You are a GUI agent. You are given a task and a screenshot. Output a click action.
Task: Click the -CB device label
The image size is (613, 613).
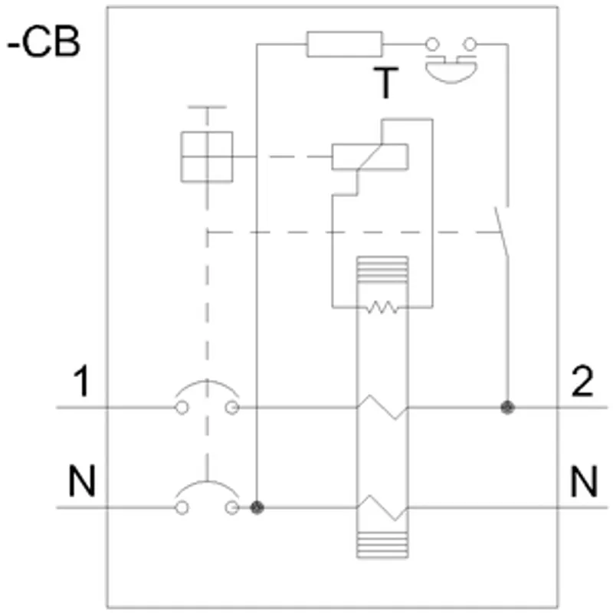44,42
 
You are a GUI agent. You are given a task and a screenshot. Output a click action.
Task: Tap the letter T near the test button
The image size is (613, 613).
385,83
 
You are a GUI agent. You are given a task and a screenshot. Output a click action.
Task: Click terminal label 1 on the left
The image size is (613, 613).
82,381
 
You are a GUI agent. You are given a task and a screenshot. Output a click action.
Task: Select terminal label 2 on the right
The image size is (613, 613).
582,381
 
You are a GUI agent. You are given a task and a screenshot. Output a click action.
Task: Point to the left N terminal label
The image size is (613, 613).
82,480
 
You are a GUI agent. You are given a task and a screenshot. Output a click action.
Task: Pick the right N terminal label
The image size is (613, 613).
584,480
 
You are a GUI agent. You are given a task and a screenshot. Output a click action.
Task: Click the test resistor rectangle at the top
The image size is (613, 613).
344,44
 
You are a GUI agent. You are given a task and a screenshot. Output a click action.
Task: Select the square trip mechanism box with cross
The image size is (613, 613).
207,157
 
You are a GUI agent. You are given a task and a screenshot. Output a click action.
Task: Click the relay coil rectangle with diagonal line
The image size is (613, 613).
370,157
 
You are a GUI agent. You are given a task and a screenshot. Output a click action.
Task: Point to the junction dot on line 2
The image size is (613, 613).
507,408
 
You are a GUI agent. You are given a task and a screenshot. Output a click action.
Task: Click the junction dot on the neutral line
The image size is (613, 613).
257,508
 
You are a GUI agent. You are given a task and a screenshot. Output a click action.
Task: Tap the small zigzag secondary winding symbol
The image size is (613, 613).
382,307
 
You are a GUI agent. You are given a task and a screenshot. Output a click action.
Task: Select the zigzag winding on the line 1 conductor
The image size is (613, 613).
382,408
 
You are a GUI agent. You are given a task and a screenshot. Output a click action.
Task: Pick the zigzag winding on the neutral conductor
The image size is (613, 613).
382,507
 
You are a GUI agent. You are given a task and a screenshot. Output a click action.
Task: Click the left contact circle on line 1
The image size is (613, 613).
182,408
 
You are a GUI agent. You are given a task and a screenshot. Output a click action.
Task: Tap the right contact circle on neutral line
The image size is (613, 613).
232,508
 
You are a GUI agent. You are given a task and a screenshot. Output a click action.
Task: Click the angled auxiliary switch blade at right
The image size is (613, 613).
502,232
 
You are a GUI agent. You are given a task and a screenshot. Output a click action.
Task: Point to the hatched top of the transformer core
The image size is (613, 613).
382,270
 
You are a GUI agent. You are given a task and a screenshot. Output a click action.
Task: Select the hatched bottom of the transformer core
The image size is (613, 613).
382,545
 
